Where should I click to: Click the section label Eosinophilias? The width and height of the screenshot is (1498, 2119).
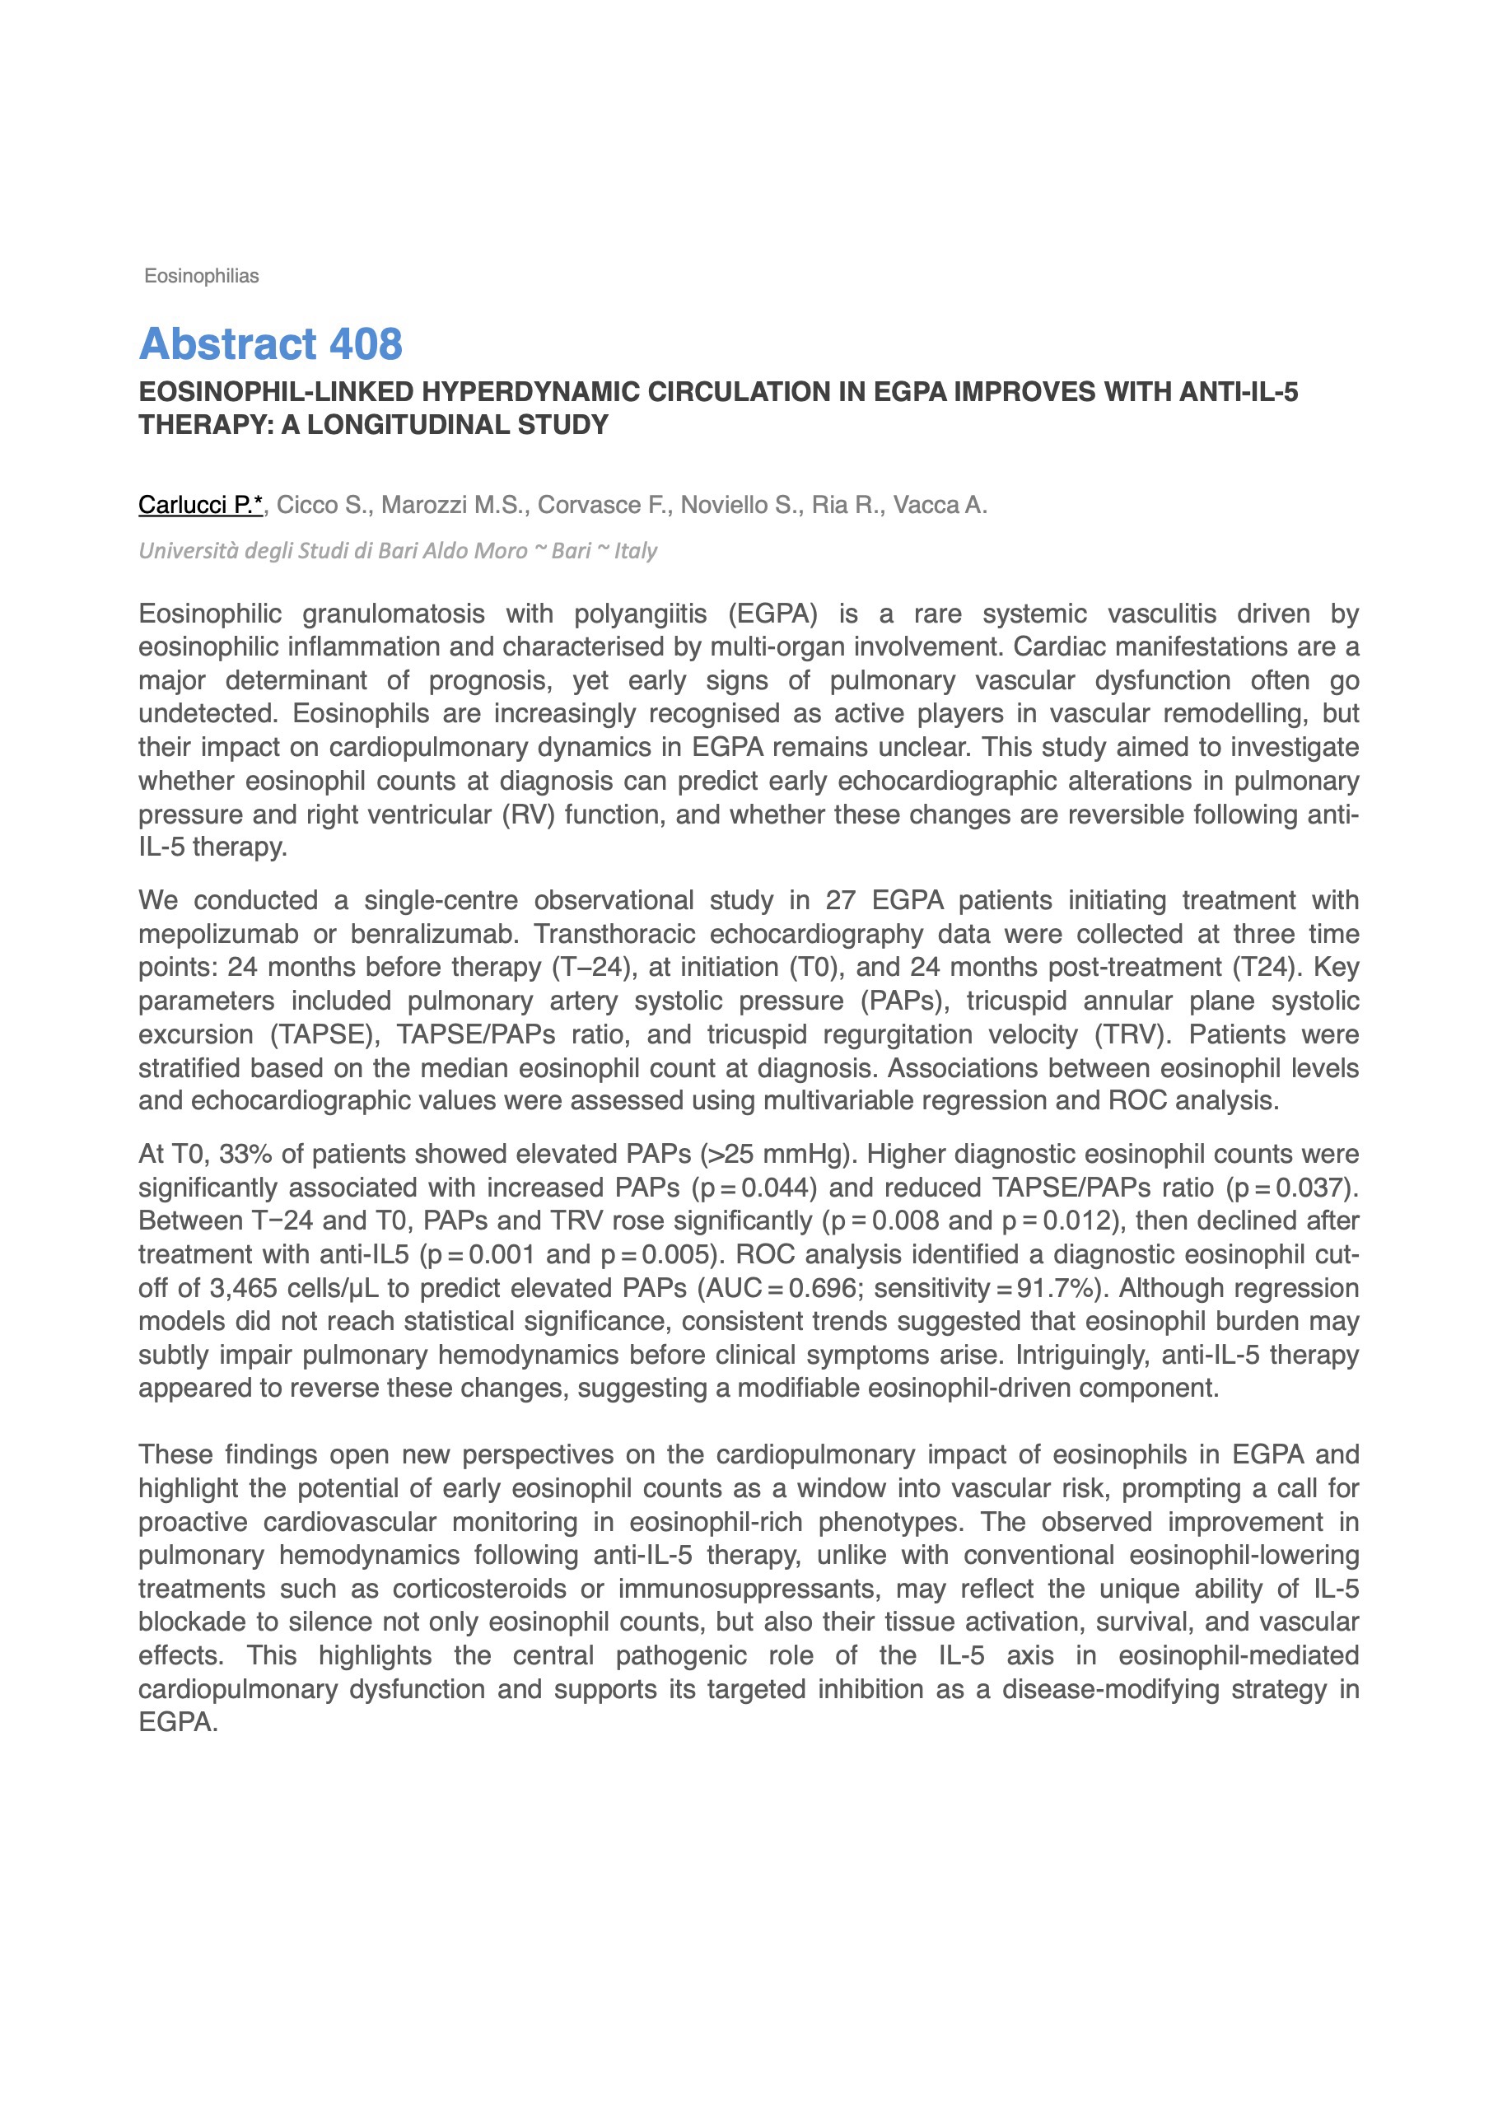click(x=201, y=276)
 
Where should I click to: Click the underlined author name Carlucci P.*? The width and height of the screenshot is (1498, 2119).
click(x=200, y=505)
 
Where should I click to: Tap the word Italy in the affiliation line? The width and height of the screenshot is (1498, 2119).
click(x=636, y=551)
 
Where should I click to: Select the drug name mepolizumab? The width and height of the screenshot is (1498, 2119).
click(x=219, y=934)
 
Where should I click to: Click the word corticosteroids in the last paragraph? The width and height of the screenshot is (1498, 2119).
click(x=480, y=1589)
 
